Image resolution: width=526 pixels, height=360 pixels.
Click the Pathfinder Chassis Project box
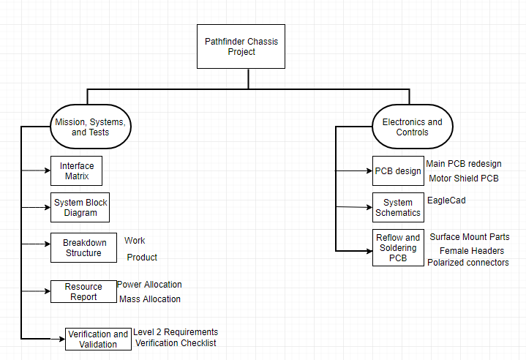tap(241, 46)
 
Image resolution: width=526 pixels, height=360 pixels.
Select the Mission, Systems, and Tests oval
tap(91, 127)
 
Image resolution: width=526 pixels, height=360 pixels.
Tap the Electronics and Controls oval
tap(413, 127)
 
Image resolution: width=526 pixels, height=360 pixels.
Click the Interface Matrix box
tap(77, 170)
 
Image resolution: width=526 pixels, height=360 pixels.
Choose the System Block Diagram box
tap(80, 207)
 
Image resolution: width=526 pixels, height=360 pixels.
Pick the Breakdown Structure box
tap(84, 247)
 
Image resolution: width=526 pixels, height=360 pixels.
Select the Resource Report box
tap(84, 291)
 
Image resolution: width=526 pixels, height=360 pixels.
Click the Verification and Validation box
tap(98, 339)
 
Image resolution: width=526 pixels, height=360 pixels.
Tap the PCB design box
tap(398, 170)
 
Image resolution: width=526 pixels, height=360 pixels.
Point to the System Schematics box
tap(398, 207)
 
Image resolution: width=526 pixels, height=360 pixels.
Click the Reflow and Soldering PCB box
tap(398, 247)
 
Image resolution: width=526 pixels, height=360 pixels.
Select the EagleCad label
tap(446, 200)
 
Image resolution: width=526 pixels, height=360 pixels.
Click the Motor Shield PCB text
tap(464, 178)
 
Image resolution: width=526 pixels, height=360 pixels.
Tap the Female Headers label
tap(472, 251)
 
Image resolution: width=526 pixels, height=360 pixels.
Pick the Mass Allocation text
tap(150, 299)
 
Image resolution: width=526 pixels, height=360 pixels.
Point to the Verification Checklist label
tap(176, 343)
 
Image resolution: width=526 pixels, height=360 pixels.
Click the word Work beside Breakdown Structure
tap(135, 241)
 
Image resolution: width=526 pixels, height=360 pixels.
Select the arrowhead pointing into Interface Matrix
tap(48, 170)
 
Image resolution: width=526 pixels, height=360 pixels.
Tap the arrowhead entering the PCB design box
tap(369, 170)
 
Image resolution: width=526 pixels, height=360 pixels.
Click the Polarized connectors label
tap(468, 263)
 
